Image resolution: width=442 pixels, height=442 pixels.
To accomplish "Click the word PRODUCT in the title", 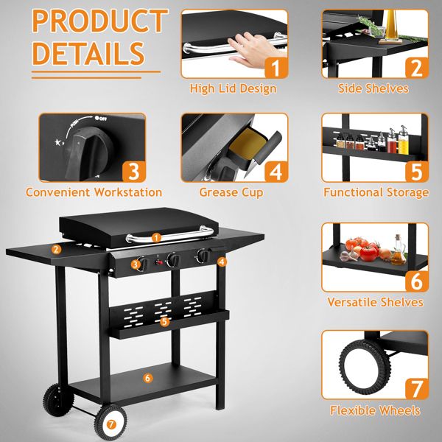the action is tap(100, 21).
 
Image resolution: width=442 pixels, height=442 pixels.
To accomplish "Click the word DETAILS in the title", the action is tap(88, 53).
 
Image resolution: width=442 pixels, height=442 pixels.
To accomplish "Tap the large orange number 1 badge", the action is tap(276, 67).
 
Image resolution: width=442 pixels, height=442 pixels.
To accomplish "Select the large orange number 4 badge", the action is tap(276, 172).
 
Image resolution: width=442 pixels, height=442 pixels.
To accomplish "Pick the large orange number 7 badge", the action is tap(416, 389).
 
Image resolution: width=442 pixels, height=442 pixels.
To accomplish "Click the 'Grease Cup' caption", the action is tap(231, 192).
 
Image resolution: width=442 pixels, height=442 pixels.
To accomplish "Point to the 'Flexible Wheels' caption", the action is tap(375, 410).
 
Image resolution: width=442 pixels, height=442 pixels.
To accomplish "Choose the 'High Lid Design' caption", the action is tap(233, 88).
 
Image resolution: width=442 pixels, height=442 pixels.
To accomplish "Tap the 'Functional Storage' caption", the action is tap(376, 192).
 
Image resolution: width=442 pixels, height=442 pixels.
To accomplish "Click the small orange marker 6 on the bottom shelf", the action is tap(148, 378).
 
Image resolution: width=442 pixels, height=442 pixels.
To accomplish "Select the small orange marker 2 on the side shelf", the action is tap(57, 249).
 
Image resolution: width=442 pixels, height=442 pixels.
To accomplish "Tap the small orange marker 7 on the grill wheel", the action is tap(111, 424).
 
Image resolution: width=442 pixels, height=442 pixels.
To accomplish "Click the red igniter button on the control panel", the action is tap(159, 262).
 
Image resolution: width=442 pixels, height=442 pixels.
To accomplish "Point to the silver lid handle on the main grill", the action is tap(169, 235).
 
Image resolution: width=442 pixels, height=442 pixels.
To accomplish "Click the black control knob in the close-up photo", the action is tap(89, 152).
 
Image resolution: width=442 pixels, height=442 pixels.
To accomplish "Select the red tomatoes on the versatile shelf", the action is tap(364, 248).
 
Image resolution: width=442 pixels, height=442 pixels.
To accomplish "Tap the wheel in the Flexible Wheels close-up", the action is tap(365, 367).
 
